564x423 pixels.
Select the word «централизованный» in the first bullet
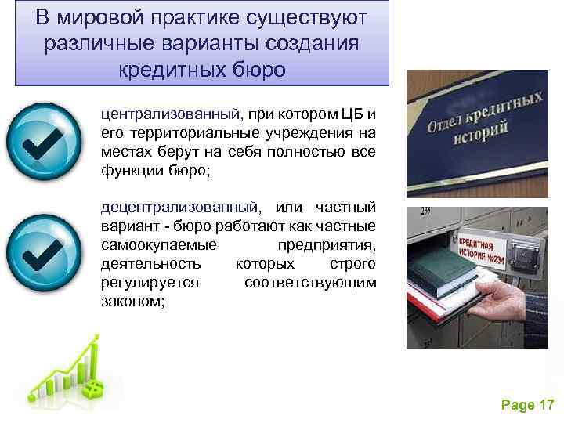[x=167, y=114]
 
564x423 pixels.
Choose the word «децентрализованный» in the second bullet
[x=179, y=208]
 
